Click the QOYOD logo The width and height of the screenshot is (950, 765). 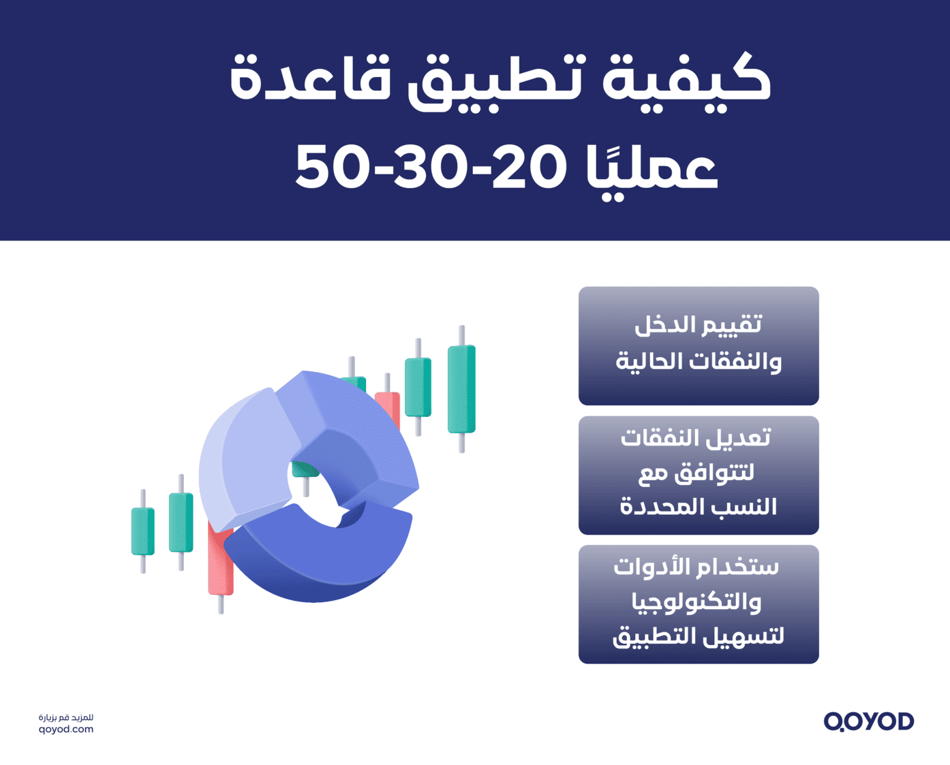(x=868, y=721)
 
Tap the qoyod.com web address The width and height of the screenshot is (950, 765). (x=66, y=729)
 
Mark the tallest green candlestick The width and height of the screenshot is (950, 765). (x=461, y=389)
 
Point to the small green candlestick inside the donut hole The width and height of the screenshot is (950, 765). (x=305, y=471)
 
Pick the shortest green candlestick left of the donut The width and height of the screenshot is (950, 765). (x=142, y=531)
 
